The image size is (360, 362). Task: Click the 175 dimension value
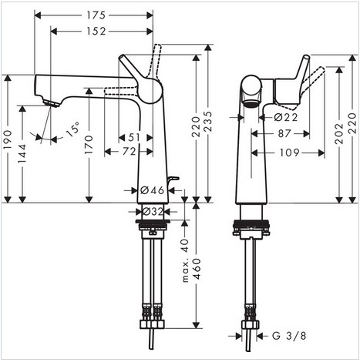pos(96,15)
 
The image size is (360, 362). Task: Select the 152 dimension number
pos(96,32)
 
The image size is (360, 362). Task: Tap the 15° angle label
pos(72,129)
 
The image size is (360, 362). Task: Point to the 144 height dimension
pos(22,153)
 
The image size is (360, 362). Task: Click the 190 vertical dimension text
pos(8,139)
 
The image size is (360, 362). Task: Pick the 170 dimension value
pos(89,145)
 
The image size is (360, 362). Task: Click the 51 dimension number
pos(134,138)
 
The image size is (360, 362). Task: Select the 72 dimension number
pos(129,152)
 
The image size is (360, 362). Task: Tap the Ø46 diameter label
pos(152,190)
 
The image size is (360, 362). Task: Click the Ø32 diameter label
pos(153,212)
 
